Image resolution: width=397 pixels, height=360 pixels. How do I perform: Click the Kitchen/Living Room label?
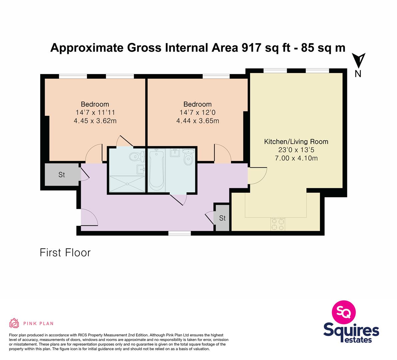pos(296,142)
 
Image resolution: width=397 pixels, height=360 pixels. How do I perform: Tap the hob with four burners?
pos(278,224)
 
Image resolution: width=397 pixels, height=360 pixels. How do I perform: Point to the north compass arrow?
pos(359,61)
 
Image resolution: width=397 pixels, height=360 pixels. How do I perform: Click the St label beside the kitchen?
pos(222,218)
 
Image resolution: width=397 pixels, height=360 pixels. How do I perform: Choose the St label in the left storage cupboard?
pos(62,175)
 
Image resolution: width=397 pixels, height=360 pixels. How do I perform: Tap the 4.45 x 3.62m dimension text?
pos(95,121)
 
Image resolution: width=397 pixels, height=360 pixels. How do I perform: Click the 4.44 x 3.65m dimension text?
pos(198,121)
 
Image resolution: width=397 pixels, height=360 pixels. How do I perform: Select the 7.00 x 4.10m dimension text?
pos(296,158)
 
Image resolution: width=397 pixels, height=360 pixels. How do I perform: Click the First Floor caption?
pos(65,253)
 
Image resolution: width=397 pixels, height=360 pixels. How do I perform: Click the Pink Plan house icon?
pos(14,323)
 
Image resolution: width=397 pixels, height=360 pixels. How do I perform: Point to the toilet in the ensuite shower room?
pos(137,157)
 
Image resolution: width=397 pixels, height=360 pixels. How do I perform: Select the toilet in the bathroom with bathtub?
pos(188,157)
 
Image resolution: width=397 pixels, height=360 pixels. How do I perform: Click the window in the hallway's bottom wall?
pos(180,233)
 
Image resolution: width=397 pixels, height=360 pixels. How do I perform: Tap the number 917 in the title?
pos(251,48)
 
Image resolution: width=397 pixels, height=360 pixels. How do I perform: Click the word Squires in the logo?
pos(351,330)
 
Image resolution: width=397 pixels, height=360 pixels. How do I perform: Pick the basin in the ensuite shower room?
pos(141,169)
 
